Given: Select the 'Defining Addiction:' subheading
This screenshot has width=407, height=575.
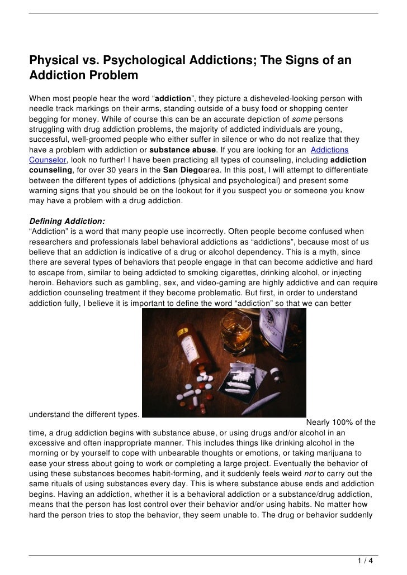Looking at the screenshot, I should pos(67,221).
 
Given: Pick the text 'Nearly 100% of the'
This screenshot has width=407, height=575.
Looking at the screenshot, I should pos(340,422).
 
